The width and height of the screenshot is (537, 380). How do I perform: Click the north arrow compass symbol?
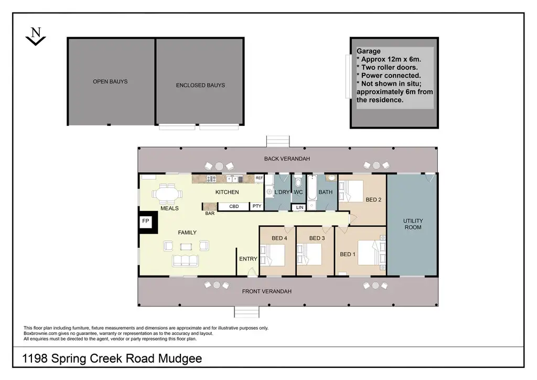coord(36,36)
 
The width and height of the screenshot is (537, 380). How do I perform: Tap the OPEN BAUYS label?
coord(110,81)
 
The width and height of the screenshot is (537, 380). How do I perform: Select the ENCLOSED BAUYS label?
coord(200,85)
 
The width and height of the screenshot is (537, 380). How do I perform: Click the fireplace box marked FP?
coord(146,222)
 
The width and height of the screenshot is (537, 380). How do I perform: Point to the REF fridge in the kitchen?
coord(259,178)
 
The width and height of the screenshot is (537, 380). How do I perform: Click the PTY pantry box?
coord(257,206)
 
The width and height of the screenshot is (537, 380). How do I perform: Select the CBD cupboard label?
coord(234,206)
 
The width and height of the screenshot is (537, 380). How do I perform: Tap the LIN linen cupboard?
coord(299,208)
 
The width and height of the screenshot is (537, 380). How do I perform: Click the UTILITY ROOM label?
coord(413,224)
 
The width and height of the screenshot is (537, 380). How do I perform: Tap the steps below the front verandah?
coord(247,311)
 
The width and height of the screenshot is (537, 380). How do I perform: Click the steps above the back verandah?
coord(278,141)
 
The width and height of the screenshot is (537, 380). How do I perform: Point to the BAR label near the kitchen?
coord(210,214)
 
